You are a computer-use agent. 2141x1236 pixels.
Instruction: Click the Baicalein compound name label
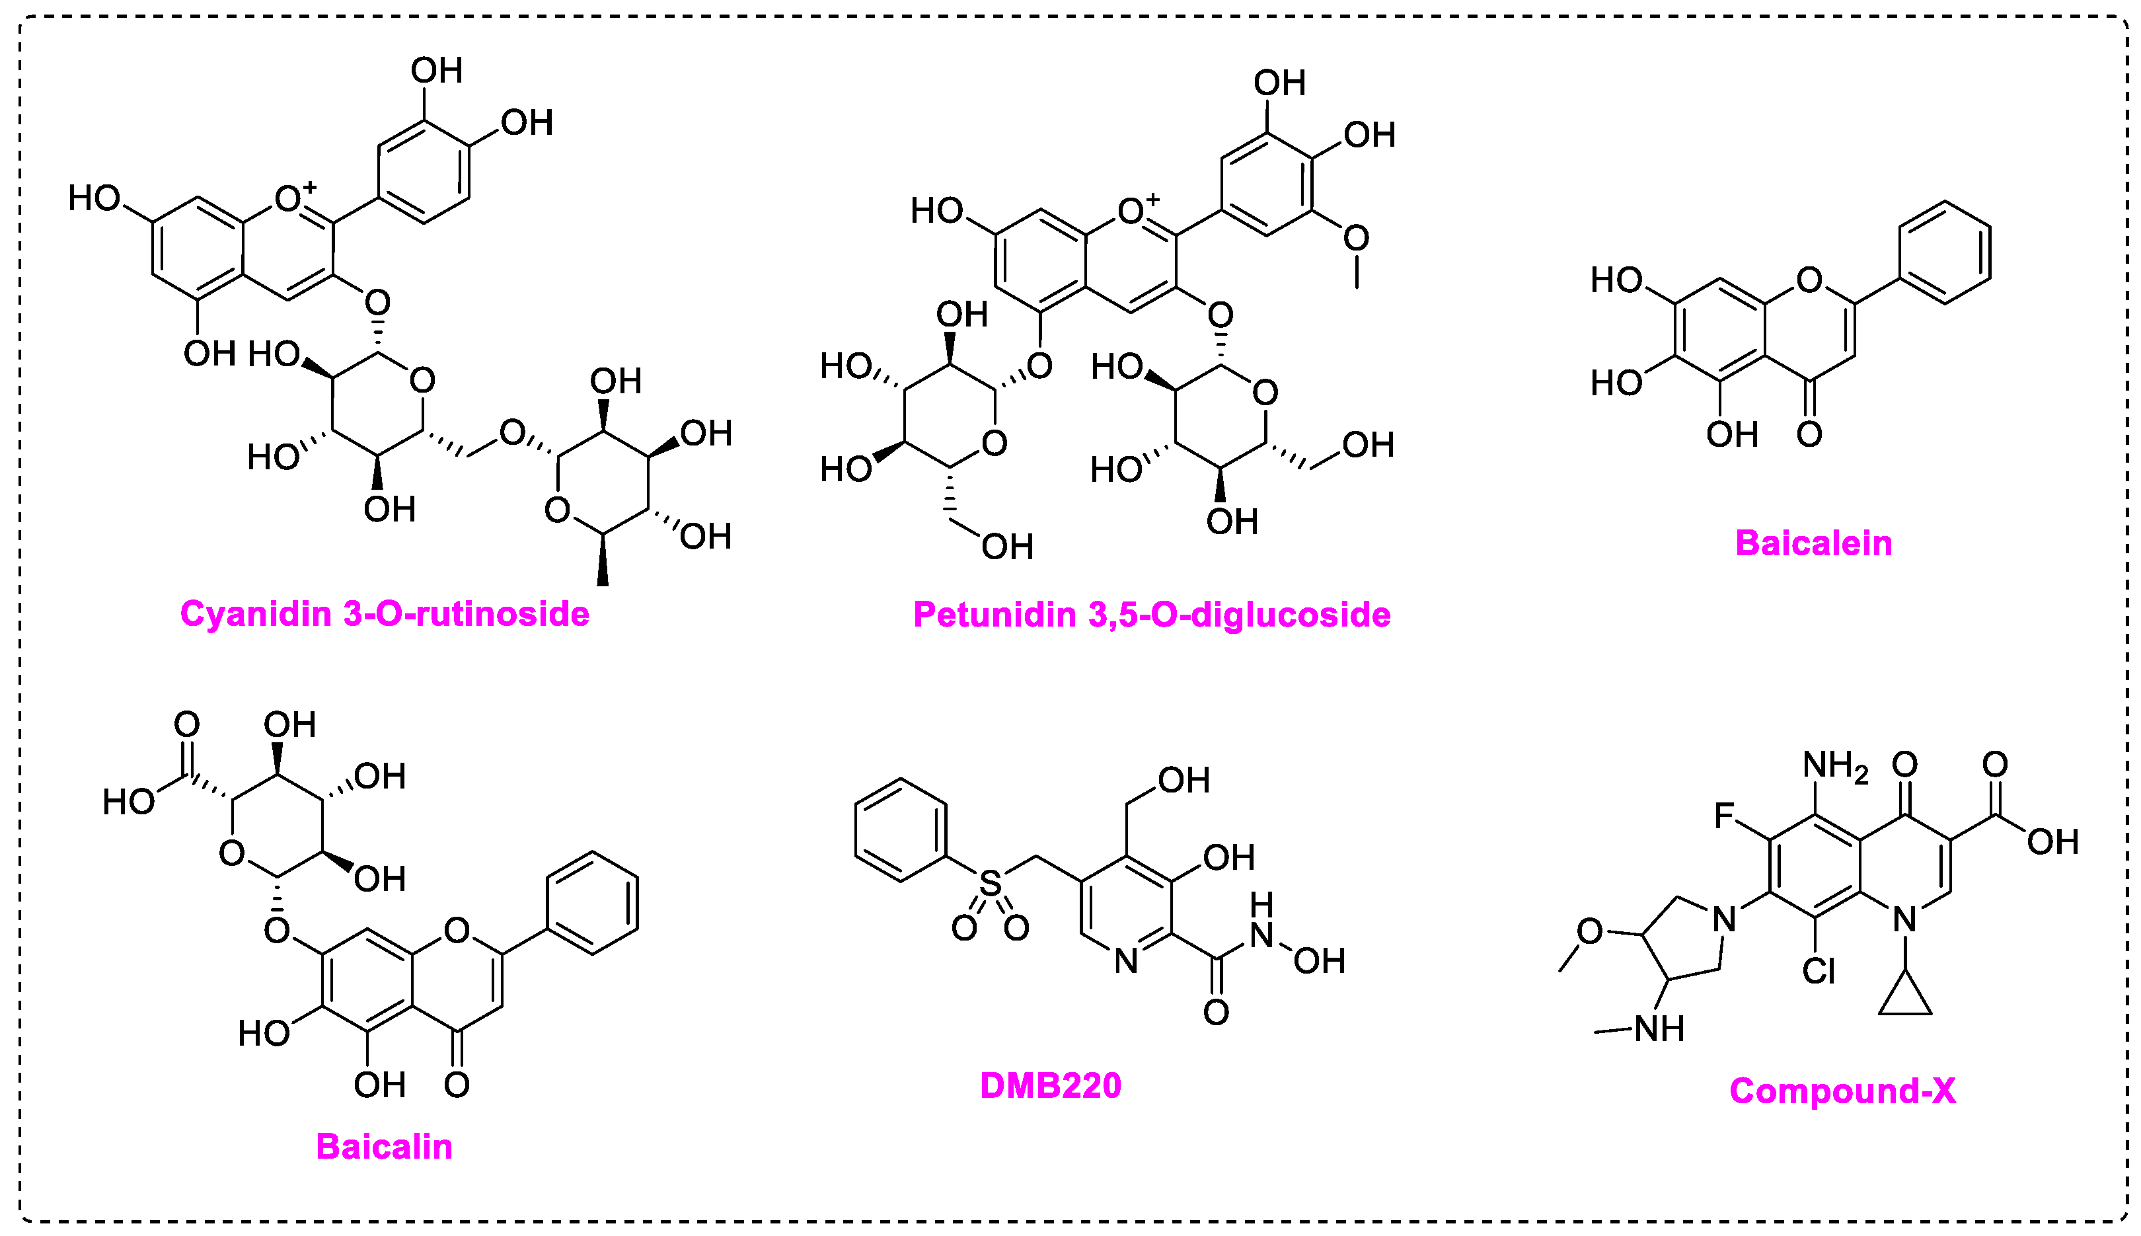coord(1813,543)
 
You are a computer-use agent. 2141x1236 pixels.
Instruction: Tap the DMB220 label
coord(1051,1086)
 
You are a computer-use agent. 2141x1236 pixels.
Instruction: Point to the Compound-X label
coord(1842,1091)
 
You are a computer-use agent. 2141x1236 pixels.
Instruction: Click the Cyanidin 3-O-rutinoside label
coord(385,614)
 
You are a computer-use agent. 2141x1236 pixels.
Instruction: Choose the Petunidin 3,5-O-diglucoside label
coord(1152,615)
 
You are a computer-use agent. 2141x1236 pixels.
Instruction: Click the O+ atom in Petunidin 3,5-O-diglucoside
coord(1133,211)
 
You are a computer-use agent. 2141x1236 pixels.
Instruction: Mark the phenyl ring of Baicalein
coord(1945,252)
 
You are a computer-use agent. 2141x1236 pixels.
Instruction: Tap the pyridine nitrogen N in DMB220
coord(1126,962)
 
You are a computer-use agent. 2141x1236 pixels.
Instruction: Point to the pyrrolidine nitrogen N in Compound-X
coord(1723,919)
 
